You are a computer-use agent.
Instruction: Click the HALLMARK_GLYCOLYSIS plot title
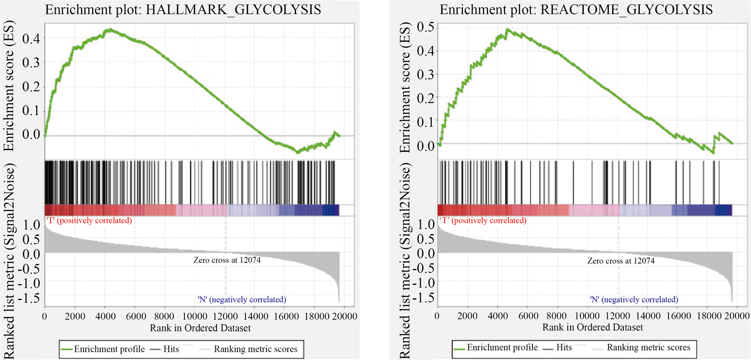(183, 10)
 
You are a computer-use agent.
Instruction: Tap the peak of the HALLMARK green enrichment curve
(108, 30)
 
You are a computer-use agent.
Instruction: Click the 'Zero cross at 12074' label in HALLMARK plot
(227, 260)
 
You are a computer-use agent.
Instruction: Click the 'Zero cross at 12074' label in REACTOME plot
(620, 260)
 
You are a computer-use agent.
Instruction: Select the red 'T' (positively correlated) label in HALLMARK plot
(88, 220)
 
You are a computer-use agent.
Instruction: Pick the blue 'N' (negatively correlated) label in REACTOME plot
(634, 299)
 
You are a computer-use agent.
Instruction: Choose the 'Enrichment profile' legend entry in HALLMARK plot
(102, 348)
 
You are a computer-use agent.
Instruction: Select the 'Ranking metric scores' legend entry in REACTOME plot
(648, 347)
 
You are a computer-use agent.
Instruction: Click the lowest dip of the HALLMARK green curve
(297, 152)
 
